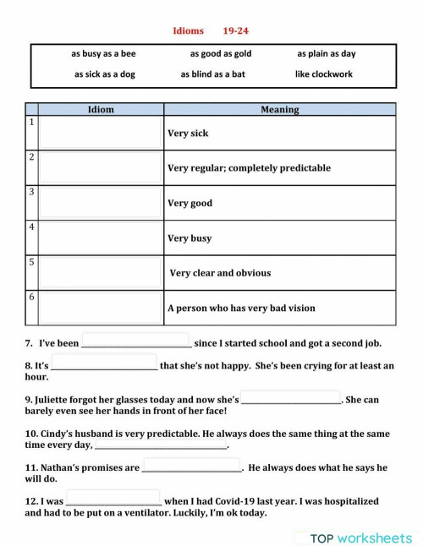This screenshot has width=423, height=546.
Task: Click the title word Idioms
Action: point(188,31)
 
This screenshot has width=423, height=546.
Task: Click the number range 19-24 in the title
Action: point(236,31)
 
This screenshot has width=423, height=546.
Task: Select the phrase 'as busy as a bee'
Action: point(103,53)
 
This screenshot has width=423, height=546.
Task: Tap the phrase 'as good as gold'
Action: point(221,53)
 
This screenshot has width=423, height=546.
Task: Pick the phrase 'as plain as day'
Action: point(327,53)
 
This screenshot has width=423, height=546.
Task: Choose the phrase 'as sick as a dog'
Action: point(104,74)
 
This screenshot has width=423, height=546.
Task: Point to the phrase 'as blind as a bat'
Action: point(212,74)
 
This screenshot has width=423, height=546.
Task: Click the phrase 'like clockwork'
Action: point(324,74)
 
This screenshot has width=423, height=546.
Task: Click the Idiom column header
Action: point(101,110)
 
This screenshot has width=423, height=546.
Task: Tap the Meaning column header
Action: point(279,110)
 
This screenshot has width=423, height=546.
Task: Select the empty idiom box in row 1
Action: point(101,133)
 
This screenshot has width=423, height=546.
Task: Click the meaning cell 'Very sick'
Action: point(188,134)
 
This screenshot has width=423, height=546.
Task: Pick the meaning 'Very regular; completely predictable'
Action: point(249,168)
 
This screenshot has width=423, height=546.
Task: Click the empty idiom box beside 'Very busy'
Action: point(101,238)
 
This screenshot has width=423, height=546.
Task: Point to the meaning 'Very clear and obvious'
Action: point(220,273)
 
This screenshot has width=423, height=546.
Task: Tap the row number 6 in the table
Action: point(31,298)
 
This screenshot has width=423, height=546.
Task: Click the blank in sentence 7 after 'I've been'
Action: point(135,342)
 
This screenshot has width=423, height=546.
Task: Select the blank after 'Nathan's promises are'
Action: point(191,467)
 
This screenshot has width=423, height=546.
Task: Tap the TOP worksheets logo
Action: point(361,538)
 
